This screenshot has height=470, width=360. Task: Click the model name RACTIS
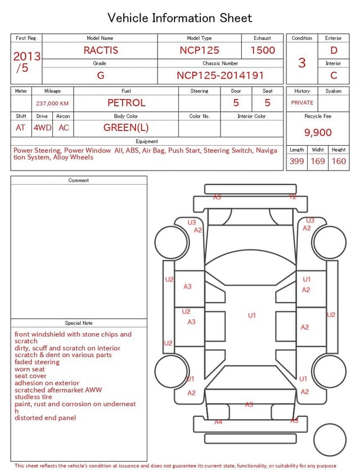[x=101, y=50]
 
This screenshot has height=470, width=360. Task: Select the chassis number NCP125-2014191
[x=220, y=75]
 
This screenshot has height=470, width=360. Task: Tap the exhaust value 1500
[x=262, y=50]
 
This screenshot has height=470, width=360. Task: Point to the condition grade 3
[x=301, y=63]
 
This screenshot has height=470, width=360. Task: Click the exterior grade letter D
[x=334, y=50]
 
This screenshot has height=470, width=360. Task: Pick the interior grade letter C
[x=334, y=75]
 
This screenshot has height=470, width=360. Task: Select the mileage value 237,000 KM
[x=52, y=104]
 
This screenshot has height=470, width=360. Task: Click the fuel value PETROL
[x=127, y=103]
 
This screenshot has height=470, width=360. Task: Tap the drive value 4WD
[x=42, y=128]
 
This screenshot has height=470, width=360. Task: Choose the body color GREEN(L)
[x=126, y=128]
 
